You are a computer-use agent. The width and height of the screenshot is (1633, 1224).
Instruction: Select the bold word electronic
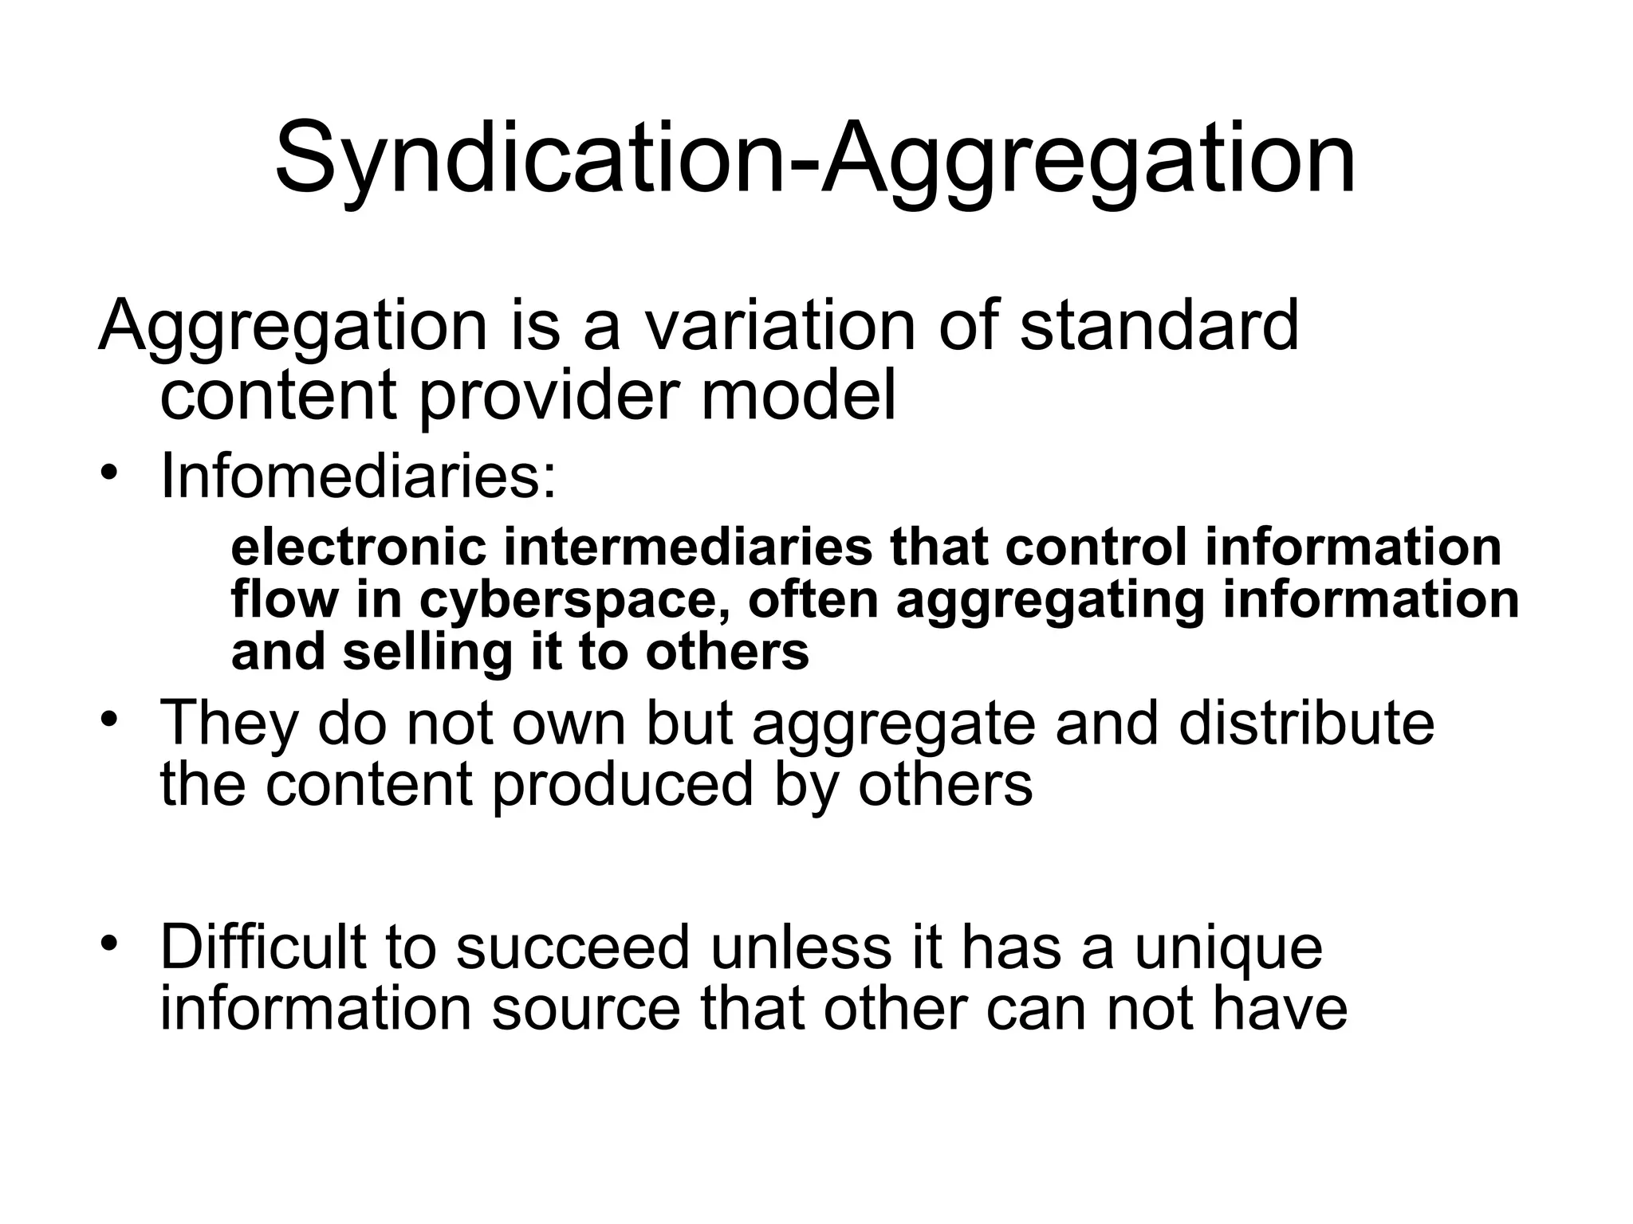pyautogui.click(x=358, y=547)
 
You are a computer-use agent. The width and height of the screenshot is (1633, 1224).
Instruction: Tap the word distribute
pyautogui.click(x=1306, y=723)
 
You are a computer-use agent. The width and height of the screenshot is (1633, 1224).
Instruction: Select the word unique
pyautogui.click(x=1228, y=948)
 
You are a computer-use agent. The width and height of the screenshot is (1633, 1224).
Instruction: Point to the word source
pyautogui.click(x=587, y=1009)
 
